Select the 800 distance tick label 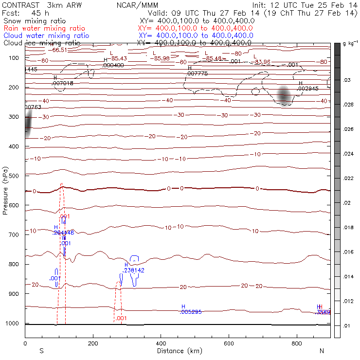[297, 344]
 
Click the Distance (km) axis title [178, 351]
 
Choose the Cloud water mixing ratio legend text [46, 36]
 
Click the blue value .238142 [134, 270]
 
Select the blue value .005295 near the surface [191, 311]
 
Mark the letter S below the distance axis [42, 351]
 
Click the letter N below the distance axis [322, 351]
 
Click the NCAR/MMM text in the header [138, 5]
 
